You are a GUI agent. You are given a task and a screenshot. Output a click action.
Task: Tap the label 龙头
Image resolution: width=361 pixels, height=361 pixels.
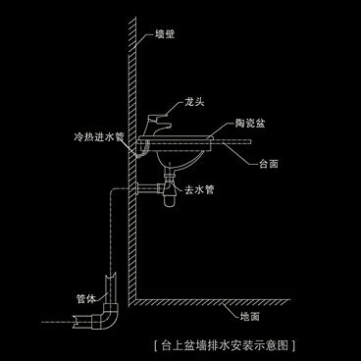tap(194, 101)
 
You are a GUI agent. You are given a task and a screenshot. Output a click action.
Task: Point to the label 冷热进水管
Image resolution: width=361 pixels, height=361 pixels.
tap(98, 138)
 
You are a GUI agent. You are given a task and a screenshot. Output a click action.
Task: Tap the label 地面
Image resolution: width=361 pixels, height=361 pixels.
tap(250, 317)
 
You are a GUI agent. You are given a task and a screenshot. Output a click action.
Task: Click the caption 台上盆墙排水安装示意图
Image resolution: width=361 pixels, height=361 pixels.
tap(226, 345)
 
